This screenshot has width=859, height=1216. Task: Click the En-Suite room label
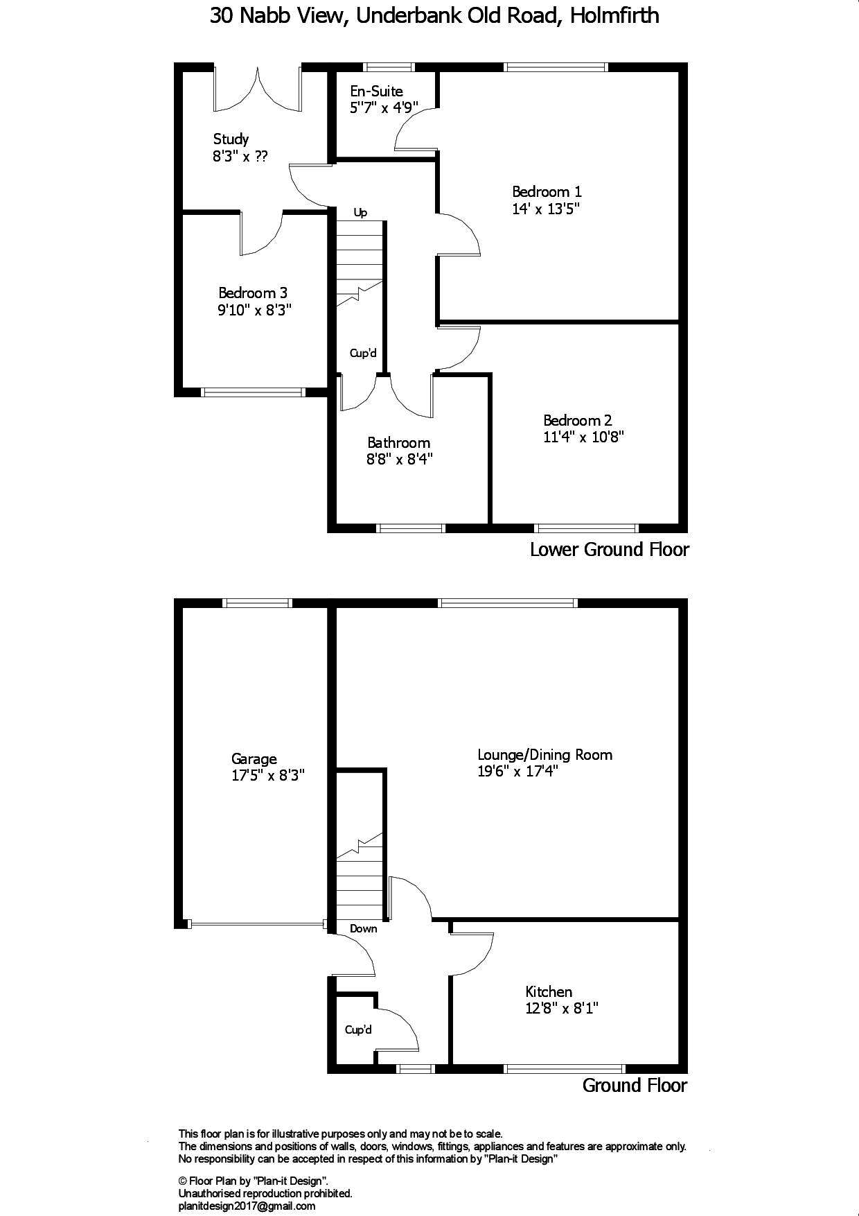[x=376, y=91]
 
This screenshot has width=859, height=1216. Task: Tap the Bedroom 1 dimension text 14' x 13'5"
[x=546, y=209]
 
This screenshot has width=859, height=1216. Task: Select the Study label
[x=231, y=139]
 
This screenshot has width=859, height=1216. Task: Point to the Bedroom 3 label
[x=253, y=293]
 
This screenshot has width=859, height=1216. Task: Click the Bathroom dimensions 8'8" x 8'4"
[x=400, y=459]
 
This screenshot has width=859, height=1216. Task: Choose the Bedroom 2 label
[x=577, y=420]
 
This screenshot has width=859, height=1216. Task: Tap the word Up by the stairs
[x=360, y=213]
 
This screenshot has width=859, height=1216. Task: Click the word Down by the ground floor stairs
[x=363, y=928]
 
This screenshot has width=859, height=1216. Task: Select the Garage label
[x=254, y=759]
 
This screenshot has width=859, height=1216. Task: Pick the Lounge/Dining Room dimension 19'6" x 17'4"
[x=518, y=772]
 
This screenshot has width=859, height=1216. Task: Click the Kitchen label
[x=549, y=992]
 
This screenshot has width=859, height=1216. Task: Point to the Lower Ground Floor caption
[x=609, y=550]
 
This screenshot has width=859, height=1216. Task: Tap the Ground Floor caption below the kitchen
[x=635, y=1085]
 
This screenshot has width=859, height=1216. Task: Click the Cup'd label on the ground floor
[x=358, y=1030]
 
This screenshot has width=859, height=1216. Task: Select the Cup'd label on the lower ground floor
[x=363, y=354]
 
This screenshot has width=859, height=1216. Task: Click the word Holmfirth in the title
[x=614, y=16]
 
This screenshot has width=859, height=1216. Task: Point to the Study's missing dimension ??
[x=260, y=157]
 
